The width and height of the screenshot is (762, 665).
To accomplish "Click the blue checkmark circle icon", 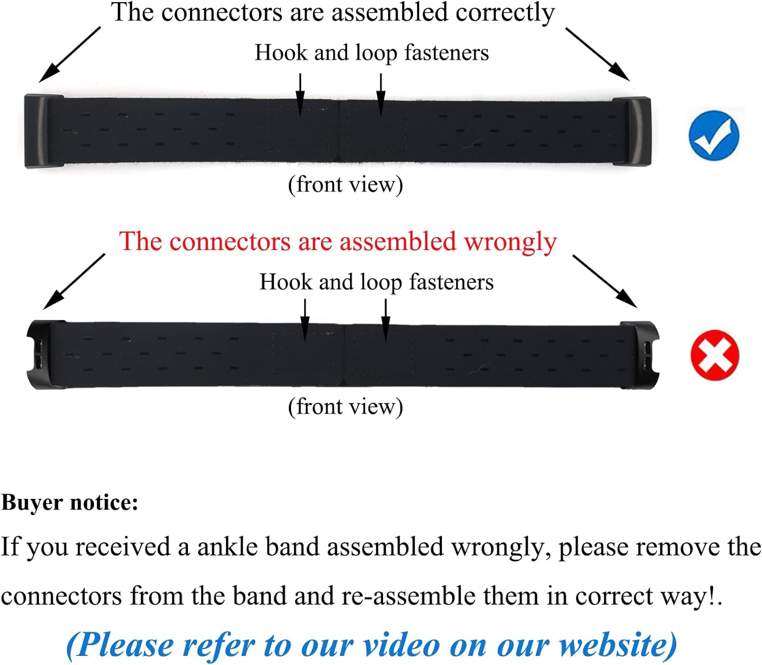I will (x=714, y=135).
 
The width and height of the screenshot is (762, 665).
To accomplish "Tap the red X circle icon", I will (x=714, y=355).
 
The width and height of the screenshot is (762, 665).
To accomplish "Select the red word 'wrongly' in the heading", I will (x=510, y=242).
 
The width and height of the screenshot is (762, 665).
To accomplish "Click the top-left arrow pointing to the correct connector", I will (x=70, y=54).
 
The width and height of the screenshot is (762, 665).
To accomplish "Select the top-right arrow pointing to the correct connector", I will (x=597, y=54).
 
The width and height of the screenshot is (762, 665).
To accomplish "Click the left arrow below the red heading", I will (x=74, y=281).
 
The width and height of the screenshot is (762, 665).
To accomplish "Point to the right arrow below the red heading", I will (x=605, y=281).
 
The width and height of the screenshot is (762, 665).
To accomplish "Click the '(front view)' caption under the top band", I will (x=345, y=184).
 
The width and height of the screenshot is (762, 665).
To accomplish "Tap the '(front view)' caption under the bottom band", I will (x=345, y=406).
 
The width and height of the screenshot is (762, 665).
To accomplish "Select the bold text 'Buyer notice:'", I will (x=70, y=502).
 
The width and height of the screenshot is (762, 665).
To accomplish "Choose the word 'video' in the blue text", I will (x=401, y=645).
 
